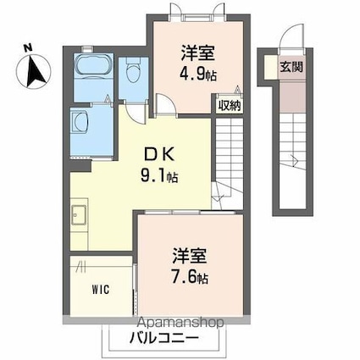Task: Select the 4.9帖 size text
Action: [x=198, y=75]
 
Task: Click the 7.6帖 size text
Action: [x=188, y=275]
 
